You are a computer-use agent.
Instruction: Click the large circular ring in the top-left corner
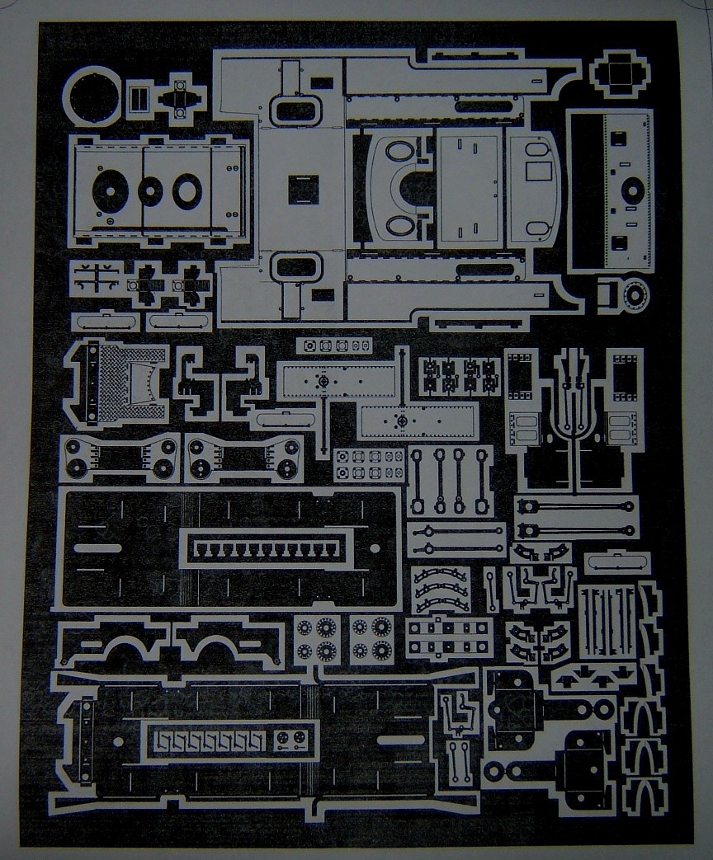tap(92, 97)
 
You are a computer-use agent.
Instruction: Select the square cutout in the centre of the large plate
tap(302, 190)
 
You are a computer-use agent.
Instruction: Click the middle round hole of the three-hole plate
tap(150, 191)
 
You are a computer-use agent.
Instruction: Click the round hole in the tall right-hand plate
tap(631, 190)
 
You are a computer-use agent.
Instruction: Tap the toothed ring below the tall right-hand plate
tap(635, 294)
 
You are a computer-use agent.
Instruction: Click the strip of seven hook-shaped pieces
tap(210, 740)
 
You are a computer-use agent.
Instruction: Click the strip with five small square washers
tap(333, 345)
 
